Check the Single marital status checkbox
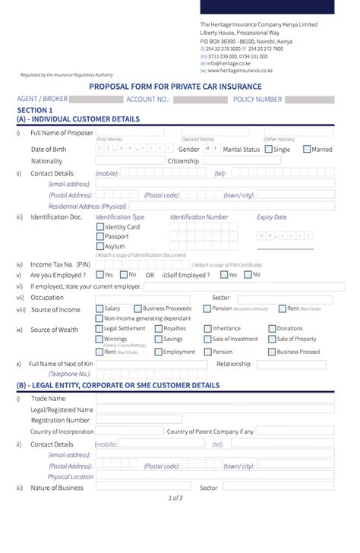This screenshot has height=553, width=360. (269, 149)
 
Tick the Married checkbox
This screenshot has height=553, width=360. (307, 149)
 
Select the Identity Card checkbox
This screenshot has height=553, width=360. (100, 226)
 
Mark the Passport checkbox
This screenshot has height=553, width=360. (100, 236)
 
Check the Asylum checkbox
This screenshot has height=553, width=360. (100, 246)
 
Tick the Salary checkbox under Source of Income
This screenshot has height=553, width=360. (99, 309)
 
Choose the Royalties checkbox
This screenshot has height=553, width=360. (158, 329)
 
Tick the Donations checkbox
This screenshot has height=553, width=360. (272, 329)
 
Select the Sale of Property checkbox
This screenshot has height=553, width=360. (272, 340)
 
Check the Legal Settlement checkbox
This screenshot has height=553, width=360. (99, 329)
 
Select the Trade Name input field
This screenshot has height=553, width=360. (213, 399)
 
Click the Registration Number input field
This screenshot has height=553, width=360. (213, 420)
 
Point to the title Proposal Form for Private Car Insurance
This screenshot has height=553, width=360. (175, 87)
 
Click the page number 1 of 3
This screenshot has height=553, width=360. (175, 498)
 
